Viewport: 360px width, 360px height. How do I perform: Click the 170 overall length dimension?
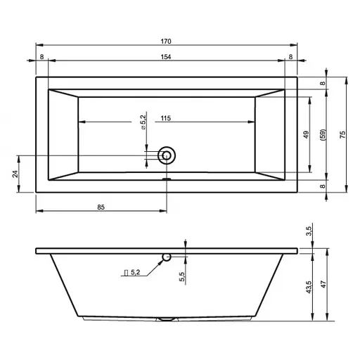(166, 41)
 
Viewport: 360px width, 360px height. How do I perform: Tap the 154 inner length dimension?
(166, 57)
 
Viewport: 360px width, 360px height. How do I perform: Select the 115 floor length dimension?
(166, 118)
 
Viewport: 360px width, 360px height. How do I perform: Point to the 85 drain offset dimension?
(101, 207)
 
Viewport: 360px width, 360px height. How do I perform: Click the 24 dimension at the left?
(15, 174)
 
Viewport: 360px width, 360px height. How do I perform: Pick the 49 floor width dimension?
(306, 134)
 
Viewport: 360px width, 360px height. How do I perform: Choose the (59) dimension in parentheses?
(323, 135)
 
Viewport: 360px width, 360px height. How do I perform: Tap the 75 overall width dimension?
(342, 134)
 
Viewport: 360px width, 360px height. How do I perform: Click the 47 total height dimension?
(323, 284)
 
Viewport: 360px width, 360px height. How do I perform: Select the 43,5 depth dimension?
(309, 287)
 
